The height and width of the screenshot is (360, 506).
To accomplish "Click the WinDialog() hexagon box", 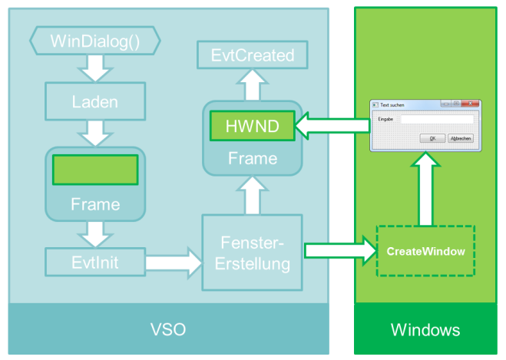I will tap(94, 41).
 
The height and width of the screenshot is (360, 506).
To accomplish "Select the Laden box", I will tap(94, 100).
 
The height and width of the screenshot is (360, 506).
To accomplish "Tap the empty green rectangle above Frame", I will tap(94, 170).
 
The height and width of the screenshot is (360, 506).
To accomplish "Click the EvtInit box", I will tap(94, 263).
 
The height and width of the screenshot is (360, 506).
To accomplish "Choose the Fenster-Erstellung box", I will tap(253, 253).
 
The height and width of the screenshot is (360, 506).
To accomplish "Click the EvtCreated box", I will tap(252, 55).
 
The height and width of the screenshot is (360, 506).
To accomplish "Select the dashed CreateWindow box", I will tap(425, 251).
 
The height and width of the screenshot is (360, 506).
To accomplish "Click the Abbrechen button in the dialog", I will tap(460, 138).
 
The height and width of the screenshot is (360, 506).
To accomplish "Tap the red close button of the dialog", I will tap(471, 104).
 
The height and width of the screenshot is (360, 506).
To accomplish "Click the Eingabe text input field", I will tap(436, 119).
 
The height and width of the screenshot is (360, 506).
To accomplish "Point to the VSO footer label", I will tap(168, 330).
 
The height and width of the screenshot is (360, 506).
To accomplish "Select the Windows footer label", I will tap(425, 330).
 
